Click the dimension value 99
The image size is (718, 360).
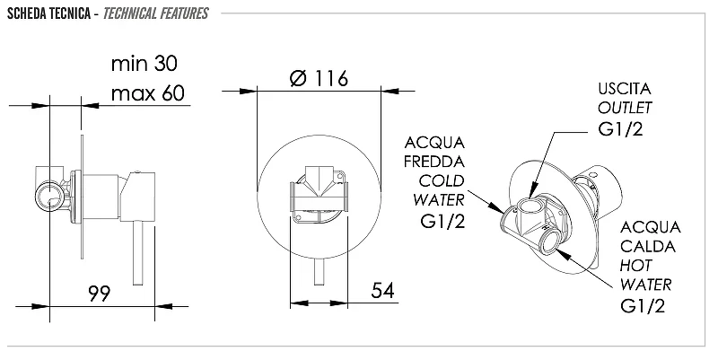click(100, 294)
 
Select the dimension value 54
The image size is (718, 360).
click(382, 290)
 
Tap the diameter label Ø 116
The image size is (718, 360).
click(320, 78)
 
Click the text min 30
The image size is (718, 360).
click(144, 63)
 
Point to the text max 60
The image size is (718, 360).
click(147, 93)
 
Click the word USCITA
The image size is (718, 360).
click(624, 89)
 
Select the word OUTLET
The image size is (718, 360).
click(625, 108)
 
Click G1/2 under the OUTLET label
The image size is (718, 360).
click(620, 128)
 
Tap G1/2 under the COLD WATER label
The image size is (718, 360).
click(442, 221)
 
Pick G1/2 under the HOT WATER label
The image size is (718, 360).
click(643, 305)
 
